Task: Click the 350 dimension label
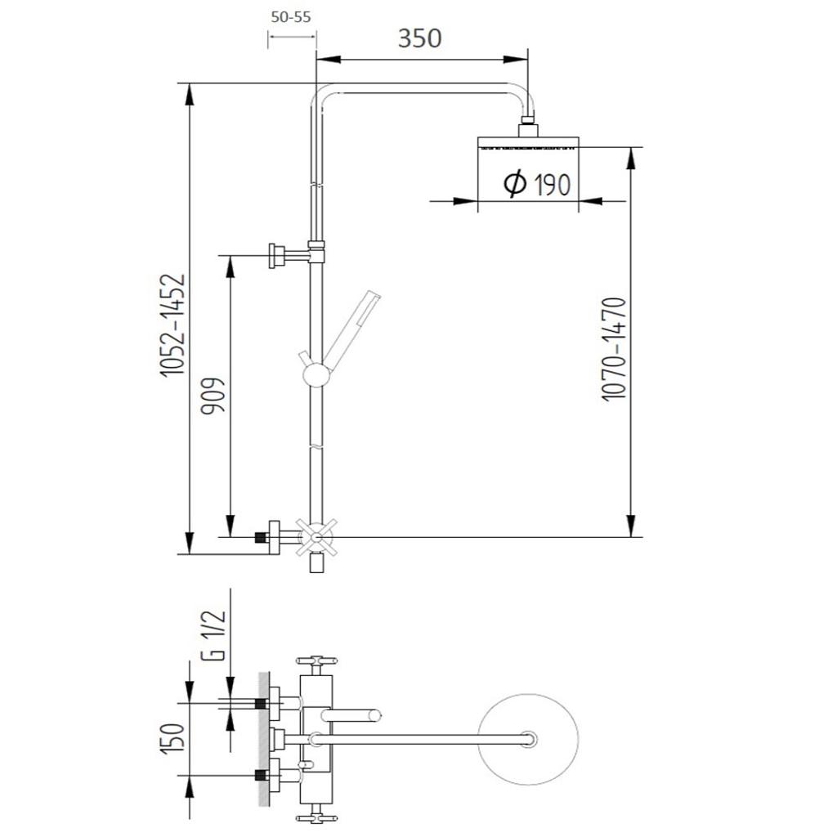(x=419, y=38)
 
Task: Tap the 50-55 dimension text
(x=291, y=17)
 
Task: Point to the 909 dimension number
(x=213, y=396)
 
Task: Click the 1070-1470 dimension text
(x=613, y=349)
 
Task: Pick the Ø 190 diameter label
(x=537, y=184)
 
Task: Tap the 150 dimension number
(x=173, y=738)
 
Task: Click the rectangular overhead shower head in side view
(x=528, y=142)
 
